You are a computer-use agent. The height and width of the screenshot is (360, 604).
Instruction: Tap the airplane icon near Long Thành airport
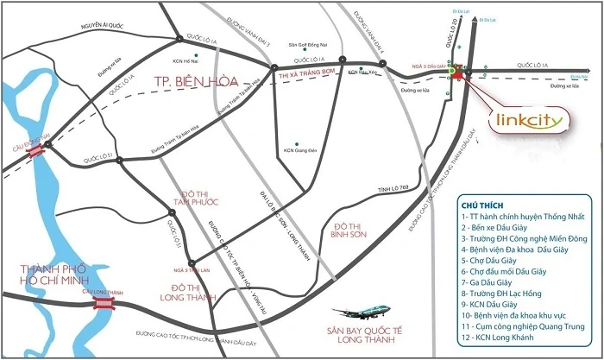point(353,315)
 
